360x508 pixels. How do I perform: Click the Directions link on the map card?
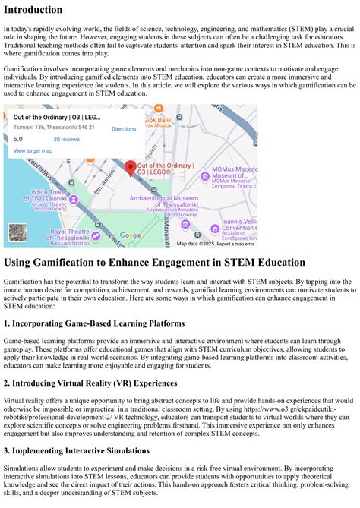click(x=124, y=129)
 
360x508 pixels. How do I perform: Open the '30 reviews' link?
click(x=66, y=140)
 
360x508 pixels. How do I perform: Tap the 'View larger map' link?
click(x=33, y=151)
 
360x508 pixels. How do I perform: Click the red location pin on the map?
click(x=130, y=167)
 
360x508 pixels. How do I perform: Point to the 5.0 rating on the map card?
click(x=18, y=140)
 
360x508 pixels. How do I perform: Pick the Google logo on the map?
click(x=131, y=235)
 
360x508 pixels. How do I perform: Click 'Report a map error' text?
click(x=235, y=244)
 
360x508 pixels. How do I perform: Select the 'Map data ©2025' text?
click(x=195, y=244)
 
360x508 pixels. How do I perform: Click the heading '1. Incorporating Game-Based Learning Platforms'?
click(x=94, y=323)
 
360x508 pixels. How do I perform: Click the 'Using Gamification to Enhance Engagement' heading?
click(x=154, y=263)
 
